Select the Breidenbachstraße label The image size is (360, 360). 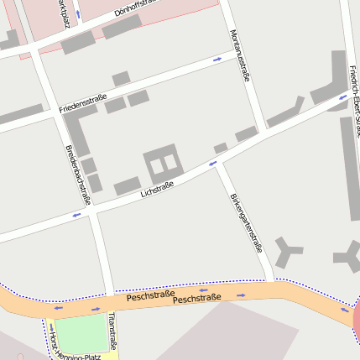point(77,175)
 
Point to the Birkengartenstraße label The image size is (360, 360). point(246,222)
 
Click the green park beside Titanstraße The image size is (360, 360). point(81,334)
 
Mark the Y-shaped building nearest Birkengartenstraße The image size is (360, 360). point(290,249)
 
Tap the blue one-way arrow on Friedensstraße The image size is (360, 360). point(217,60)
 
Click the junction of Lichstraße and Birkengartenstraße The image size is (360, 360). point(216,163)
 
